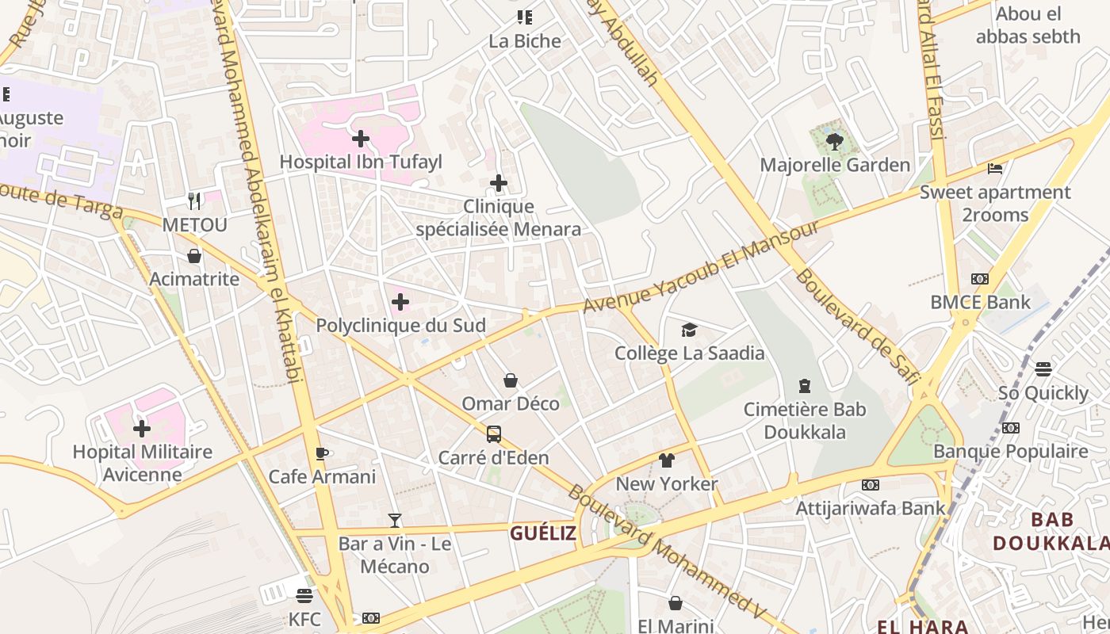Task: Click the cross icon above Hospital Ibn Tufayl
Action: (x=361, y=139)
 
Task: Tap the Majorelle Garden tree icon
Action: (x=833, y=143)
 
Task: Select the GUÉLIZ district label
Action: (x=543, y=533)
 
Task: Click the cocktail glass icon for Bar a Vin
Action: (x=395, y=521)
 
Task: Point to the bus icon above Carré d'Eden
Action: (x=494, y=434)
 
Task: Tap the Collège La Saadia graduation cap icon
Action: (x=689, y=330)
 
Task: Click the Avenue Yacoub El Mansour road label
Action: (x=701, y=266)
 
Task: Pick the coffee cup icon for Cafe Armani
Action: (x=322, y=454)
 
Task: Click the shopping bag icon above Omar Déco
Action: (x=511, y=381)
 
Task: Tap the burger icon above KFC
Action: (x=304, y=596)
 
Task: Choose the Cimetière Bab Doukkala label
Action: (x=805, y=421)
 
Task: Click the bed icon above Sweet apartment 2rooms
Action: (x=994, y=169)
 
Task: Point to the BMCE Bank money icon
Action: (x=980, y=279)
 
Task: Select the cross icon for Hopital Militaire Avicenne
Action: (x=142, y=430)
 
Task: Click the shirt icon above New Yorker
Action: (x=667, y=460)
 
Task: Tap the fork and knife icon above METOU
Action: (x=194, y=201)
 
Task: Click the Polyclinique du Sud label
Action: (x=401, y=326)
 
